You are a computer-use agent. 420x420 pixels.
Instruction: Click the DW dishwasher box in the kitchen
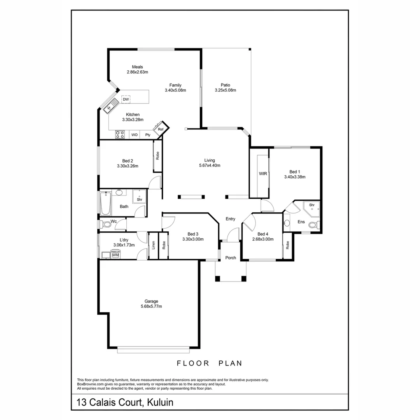click(126, 100)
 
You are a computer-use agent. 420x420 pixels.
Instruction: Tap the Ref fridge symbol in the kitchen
click(160, 130)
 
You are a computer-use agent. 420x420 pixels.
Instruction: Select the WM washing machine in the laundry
click(115, 255)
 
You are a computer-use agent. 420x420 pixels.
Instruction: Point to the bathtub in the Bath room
click(105, 203)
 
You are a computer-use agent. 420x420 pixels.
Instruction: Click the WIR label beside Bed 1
click(263, 174)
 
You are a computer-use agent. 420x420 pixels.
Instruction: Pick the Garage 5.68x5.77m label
click(151, 304)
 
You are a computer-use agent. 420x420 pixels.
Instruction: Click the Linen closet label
click(153, 245)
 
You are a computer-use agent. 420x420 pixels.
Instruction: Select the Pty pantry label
click(148, 135)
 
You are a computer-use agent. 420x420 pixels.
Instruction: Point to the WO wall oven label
click(134, 135)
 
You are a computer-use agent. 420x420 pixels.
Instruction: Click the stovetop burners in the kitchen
click(120, 135)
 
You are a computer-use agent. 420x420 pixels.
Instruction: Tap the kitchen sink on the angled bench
click(111, 105)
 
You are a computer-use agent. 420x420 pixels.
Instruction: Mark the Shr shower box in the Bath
click(139, 197)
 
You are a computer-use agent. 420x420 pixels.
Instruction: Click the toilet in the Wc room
click(105, 224)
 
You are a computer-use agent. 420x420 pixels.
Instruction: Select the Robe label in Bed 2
click(157, 156)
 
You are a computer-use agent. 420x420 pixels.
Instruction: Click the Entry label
click(230, 219)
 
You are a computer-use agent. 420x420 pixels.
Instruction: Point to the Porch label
click(231, 258)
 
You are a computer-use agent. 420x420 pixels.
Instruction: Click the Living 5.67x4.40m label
click(210, 163)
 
